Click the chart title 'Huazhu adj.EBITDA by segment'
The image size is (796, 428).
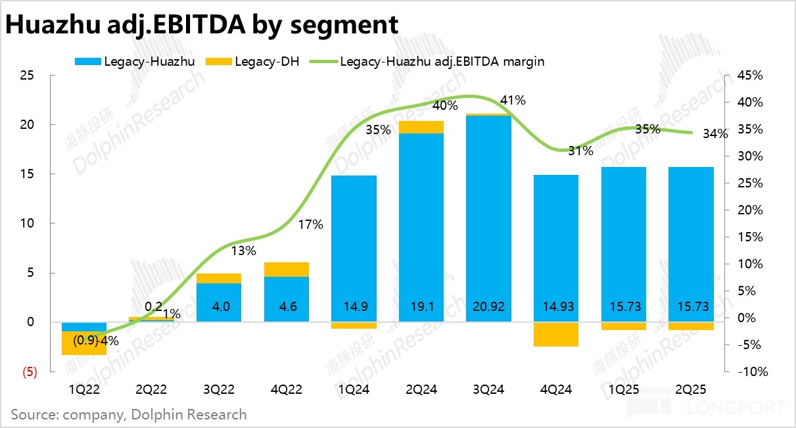(x=202, y=24)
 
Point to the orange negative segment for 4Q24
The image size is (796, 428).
(x=555, y=334)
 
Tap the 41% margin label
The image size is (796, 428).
(x=513, y=101)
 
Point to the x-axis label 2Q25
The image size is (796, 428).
(x=691, y=390)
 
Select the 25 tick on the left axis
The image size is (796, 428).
(x=28, y=76)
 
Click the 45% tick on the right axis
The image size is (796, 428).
(x=749, y=76)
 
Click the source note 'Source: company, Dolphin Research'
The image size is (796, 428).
(x=129, y=415)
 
